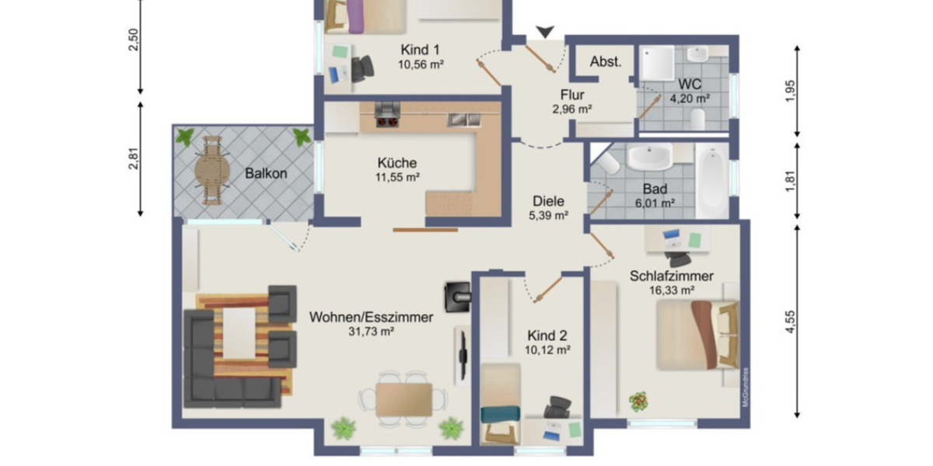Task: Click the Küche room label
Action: click(397, 163)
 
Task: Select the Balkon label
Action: click(265, 173)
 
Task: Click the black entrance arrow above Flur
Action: click(546, 31)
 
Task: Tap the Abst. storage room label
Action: click(606, 62)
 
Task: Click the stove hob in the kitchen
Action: click(386, 115)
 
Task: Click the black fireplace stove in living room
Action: click(456, 294)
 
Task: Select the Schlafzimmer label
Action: click(672, 275)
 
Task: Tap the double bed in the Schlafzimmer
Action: click(695, 335)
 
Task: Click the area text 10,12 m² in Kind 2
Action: click(547, 350)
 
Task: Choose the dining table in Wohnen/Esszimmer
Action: click(404, 399)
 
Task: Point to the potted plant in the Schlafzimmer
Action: click(638, 402)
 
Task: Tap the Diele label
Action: click(548, 200)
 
